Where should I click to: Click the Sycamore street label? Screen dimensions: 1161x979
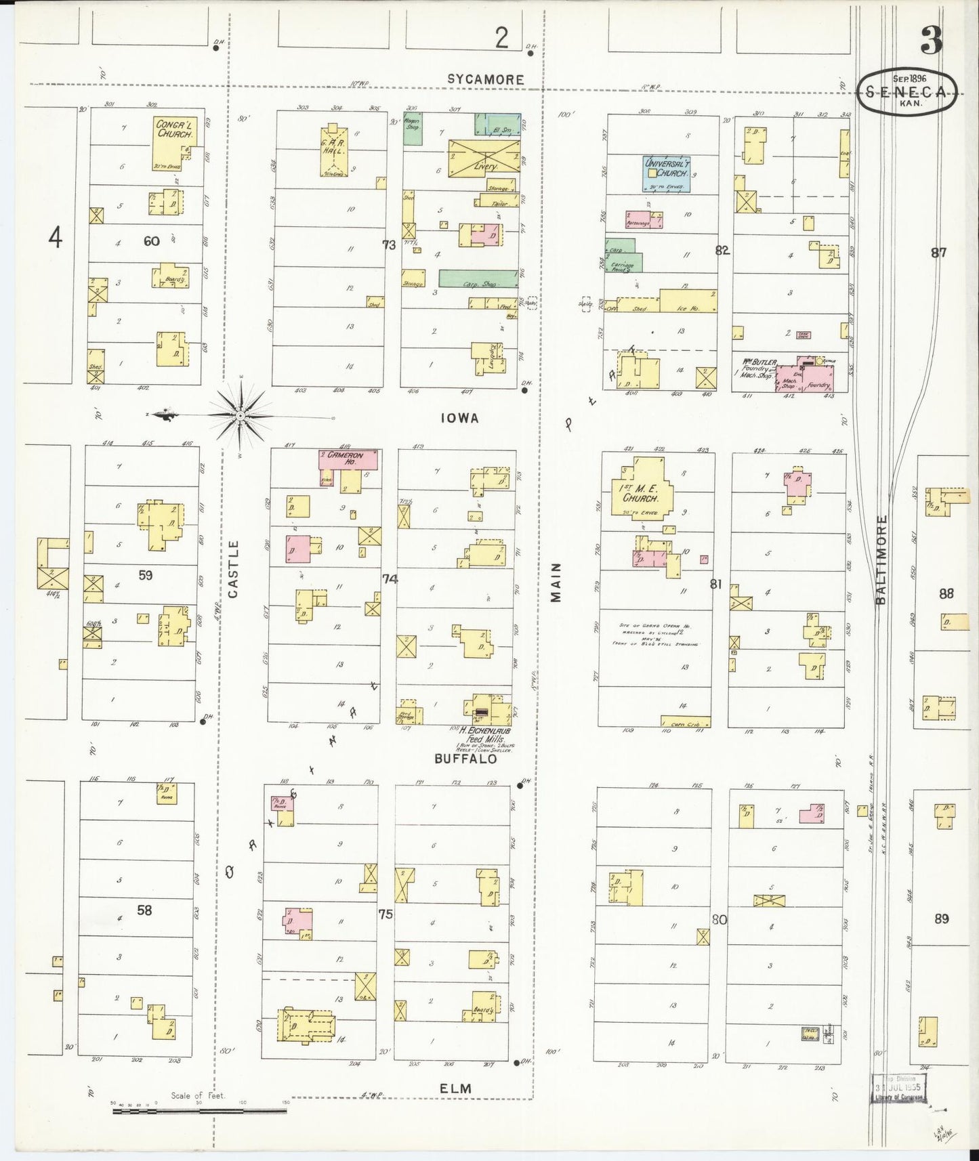pyautogui.click(x=485, y=79)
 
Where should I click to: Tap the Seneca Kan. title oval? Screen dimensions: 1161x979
pyautogui.click(x=907, y=93)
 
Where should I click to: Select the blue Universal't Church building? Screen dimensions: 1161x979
pyautogui.click(x=667, y=173)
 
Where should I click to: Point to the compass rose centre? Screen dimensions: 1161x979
pyautogui.click(x=241, y=415)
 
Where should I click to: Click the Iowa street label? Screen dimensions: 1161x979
pyautogui.click(x=459, y=419)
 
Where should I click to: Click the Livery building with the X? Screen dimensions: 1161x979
pyautogui.click(x=485, y=156)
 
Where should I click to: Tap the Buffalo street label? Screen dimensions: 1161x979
pyautogui.click(x=465, y=759)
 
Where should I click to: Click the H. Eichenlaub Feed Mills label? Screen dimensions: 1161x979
pyautogui.click(x=484, y=735)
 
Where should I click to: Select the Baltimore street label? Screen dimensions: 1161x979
pyautogui.click(x=880, y=560)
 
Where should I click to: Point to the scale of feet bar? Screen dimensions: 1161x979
pyautogui.click(x=199, y=1111)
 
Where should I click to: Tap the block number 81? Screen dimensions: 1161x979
pyautogui.click(x=715, y=583)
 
